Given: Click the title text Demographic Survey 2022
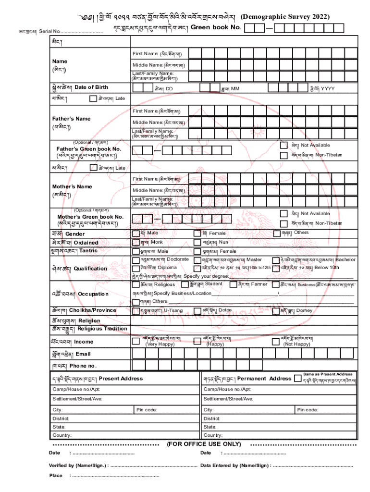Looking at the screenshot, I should (x=285, y=17).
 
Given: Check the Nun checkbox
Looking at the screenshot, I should (x=197, y=243).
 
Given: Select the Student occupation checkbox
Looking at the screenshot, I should (x=185, y=284).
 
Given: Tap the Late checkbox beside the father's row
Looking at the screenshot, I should (x=93, y=99).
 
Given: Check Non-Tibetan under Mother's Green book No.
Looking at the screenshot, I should (x=284, y=223).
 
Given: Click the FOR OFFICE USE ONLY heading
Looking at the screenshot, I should (x=204, y=444).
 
